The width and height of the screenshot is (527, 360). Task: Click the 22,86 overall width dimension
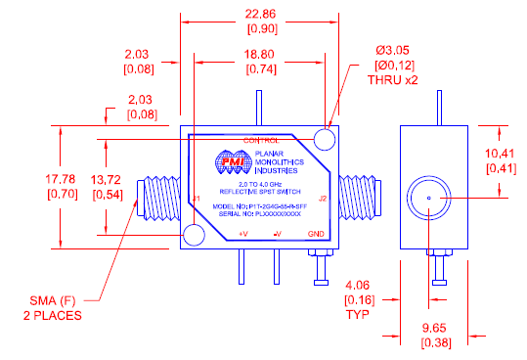256,13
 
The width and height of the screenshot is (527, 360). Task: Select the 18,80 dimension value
256,55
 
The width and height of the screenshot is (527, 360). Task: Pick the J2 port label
323,200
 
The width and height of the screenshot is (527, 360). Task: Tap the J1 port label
197,200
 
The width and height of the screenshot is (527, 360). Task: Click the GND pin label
315,235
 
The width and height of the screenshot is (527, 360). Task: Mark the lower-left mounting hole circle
194,236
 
